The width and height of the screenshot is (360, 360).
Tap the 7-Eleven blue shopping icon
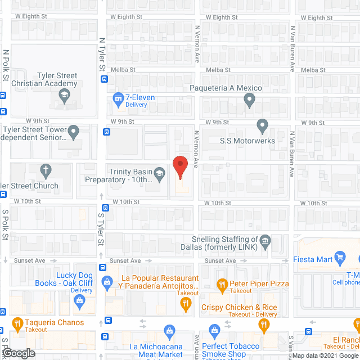[118, 98]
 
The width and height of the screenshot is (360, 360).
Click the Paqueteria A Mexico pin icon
[250, 101]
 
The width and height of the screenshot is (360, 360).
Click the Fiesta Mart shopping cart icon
[339, 259]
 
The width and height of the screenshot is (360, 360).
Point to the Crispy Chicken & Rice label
[239, 307]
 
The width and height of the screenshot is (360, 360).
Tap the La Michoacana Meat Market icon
[168, 331]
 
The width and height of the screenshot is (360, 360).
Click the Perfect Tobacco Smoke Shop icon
[214, 331]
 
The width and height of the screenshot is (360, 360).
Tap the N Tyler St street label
[102, 55]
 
